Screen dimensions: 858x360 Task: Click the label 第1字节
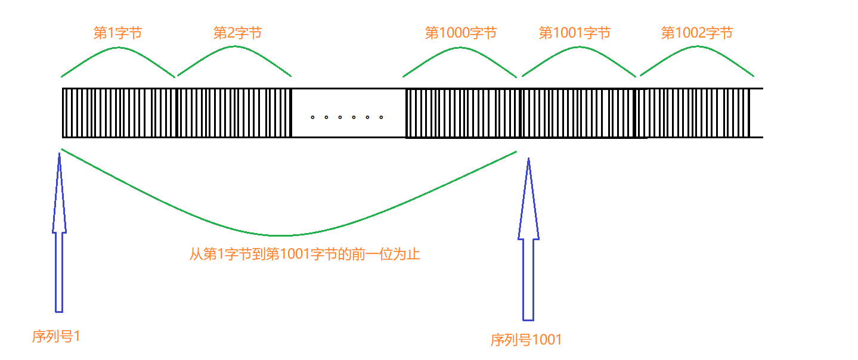[118, 33]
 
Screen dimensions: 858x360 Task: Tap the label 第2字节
[237, 33]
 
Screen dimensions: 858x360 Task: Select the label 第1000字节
[461, 33]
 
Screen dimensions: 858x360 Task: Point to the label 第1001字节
[575, 33]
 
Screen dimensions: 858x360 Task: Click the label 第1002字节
[697, 33]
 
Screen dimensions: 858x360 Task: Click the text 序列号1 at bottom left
[56, 336]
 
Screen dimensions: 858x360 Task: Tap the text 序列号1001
[526, 340]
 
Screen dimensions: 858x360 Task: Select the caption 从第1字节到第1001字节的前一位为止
[305, 255]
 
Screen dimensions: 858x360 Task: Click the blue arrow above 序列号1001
[529, 240]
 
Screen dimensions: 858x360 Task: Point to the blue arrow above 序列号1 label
[60, 232]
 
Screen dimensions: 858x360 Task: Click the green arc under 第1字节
[119, 48]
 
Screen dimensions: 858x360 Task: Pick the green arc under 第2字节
[235, 46]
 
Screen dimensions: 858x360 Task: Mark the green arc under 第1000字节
[460, 48]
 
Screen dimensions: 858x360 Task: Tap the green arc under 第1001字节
[579, 48]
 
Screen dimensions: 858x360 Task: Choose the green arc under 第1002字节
[697, 46]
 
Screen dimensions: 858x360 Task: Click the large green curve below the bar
[281, 235]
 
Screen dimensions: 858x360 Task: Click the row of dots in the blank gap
[347, 117]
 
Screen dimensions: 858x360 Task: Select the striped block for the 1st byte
[119, 113]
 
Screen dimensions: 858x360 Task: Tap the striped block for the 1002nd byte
[693, 113]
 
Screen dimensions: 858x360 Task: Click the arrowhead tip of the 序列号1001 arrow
[529, 158]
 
